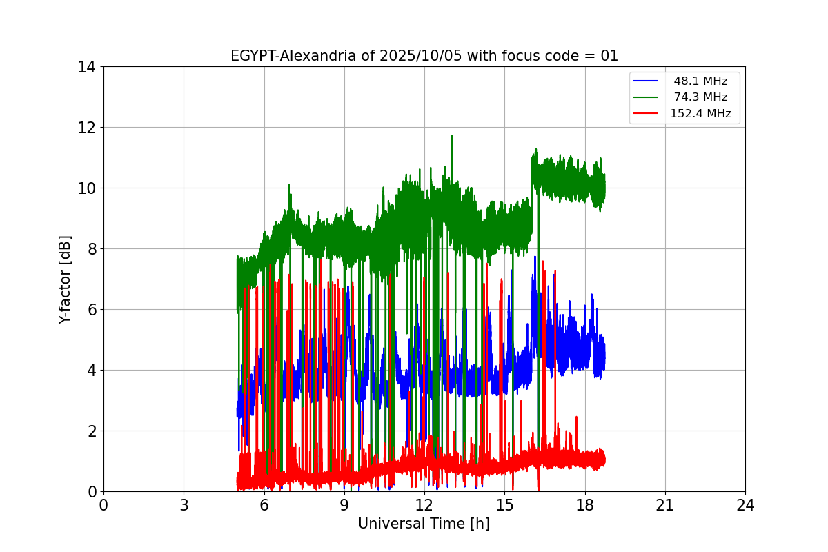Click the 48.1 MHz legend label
(700, 81)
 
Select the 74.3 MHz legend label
(700, 97)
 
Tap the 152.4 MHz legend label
(700, 114)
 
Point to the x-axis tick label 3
(184, 505)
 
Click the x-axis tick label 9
(344, 505)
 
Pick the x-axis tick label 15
(504, 505)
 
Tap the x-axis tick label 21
(665, 505)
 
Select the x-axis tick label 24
(745, 505)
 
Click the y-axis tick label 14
(86, 67)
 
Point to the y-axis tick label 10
(86, 188)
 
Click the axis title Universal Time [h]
(424, 524)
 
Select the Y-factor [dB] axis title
(66, 279)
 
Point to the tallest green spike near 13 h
(452, 136)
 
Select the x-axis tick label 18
(585, 505)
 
